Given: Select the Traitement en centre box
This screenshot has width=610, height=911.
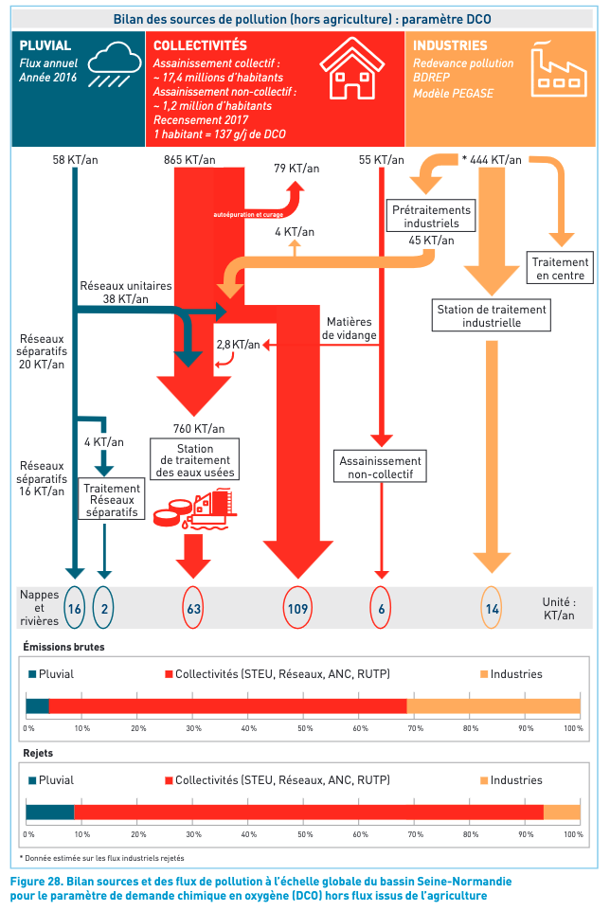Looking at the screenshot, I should (x=560, y=269).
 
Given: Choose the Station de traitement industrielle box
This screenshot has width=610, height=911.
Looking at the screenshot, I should (x=492, y=315).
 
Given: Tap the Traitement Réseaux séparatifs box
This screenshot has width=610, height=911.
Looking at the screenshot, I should (x=112, y=500).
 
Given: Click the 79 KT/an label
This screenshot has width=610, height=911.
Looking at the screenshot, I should (x=296, y=169).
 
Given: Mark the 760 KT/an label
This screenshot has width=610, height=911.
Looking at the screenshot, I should (x=200, y=427).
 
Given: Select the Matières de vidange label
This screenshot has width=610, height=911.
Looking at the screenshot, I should (x=350, y=329).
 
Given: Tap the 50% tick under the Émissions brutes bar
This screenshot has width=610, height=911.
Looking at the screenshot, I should (x=304, y=728).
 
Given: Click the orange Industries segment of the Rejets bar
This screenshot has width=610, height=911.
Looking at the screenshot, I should (x=562, y=812).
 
